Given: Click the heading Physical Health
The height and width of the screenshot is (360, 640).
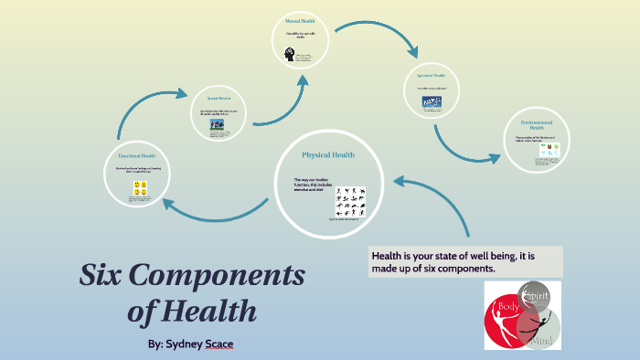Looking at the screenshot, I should [x=328, y=155].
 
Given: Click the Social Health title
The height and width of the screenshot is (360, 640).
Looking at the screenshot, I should [x=219, y=98].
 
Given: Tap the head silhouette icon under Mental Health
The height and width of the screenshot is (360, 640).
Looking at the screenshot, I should [x=288, y=54].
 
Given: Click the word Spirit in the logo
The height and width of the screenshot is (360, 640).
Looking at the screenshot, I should [x=539, y=294].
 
